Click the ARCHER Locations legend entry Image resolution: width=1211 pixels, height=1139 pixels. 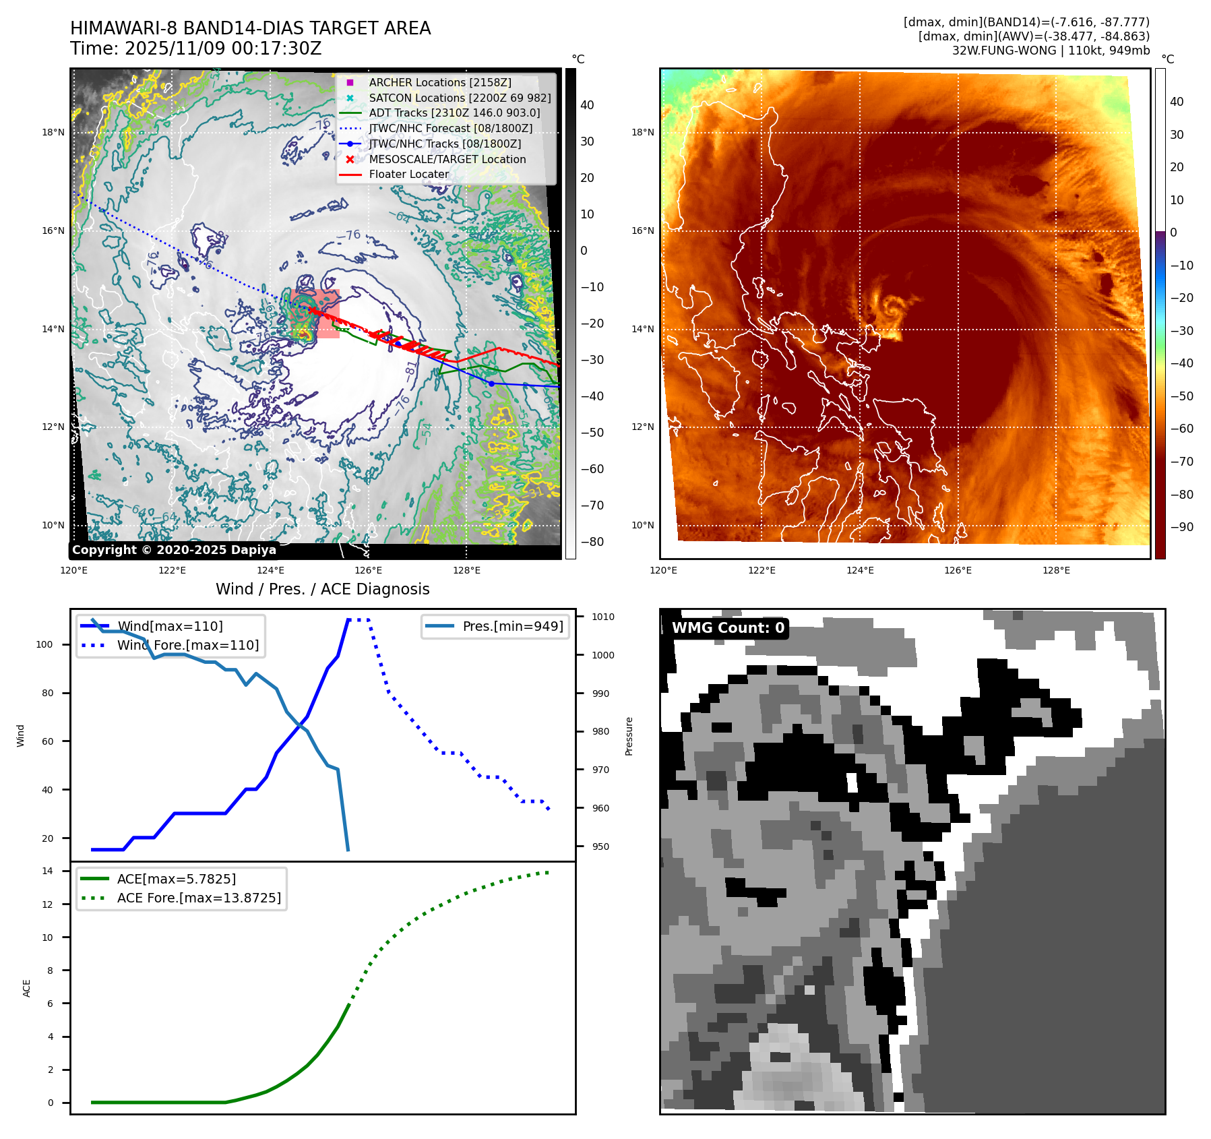[439, 82]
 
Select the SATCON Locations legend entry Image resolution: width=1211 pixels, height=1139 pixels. [460, 98]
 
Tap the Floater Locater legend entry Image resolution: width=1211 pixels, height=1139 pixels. [408, 175]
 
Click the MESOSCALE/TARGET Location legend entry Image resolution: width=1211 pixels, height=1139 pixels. [447, 159]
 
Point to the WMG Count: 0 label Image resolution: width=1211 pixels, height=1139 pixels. [728, 628]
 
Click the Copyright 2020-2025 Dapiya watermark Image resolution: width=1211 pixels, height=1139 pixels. [174, 550]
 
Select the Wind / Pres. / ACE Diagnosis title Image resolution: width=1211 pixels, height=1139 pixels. [322, 589]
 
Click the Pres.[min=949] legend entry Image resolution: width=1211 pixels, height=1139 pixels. [512, 626]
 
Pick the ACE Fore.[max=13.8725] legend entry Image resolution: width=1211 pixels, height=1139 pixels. [199, 898]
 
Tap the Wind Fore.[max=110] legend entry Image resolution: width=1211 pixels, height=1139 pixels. [187, 645]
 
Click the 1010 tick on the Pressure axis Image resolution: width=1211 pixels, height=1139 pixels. [602, 617]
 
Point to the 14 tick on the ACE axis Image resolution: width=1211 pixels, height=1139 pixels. [47, 871]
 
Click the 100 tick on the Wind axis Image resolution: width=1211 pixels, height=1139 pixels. [44, 644]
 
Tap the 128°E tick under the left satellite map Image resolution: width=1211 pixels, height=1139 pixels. [466, 570]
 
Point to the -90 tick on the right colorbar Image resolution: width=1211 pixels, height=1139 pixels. [1181, 527]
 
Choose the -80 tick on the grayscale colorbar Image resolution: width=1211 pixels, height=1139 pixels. [592, 542]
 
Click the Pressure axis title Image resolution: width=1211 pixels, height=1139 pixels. [629, 736]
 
